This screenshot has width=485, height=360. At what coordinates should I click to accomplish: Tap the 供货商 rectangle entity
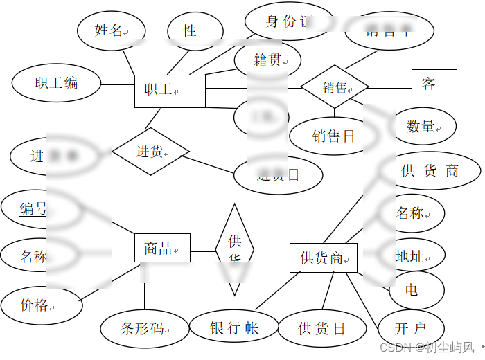click(x=323, y=258)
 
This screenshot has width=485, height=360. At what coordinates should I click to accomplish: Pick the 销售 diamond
click(x=335, y=87)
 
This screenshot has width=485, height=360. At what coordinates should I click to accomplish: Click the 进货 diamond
click(x=150, y=151)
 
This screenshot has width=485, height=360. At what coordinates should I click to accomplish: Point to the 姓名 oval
click(x=111, y=30)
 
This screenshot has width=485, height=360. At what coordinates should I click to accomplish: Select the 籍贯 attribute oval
click(x=267, y=60)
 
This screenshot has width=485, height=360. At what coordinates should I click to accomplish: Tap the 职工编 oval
click(x=55, y=83)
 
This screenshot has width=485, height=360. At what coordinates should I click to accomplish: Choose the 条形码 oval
click(x=143, y=329)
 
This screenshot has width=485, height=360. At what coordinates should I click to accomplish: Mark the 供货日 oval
click(x=321, y=328)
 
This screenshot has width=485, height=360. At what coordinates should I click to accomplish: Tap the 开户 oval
click(x=411, y=328)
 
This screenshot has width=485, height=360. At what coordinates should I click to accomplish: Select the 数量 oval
click(x=421, y=126)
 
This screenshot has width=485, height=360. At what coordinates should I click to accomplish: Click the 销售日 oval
click(x=333, y=136)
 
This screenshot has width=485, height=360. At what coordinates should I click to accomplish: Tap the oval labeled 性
click(x=190, y=31)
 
